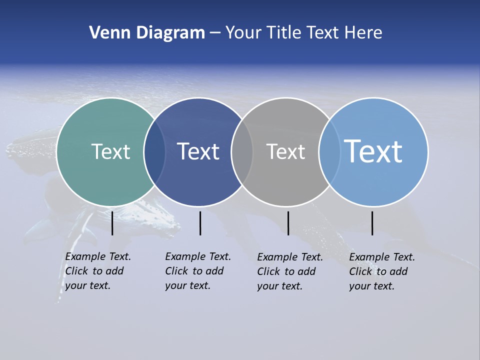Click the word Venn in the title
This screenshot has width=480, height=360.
click(107, 33)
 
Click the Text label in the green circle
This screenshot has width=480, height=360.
click(110, 151)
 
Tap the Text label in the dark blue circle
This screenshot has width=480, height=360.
click(198, 151)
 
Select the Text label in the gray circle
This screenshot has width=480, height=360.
click(285, 151)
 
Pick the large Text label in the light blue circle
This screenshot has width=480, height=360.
click(373, 151)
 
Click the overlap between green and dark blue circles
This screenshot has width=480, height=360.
click(154, 151)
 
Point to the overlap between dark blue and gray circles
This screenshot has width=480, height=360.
click(242, 151)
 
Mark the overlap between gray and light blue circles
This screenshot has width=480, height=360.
click(329, 151)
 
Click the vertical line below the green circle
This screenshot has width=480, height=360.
click(112, 223)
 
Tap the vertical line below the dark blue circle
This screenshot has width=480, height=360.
click(200, 223)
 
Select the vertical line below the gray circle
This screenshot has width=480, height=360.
click(288, 223)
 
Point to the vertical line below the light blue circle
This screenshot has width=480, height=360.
click(372, 223)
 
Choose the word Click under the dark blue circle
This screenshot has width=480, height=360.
click(176, 271)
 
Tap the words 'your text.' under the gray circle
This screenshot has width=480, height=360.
click(279, 286)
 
